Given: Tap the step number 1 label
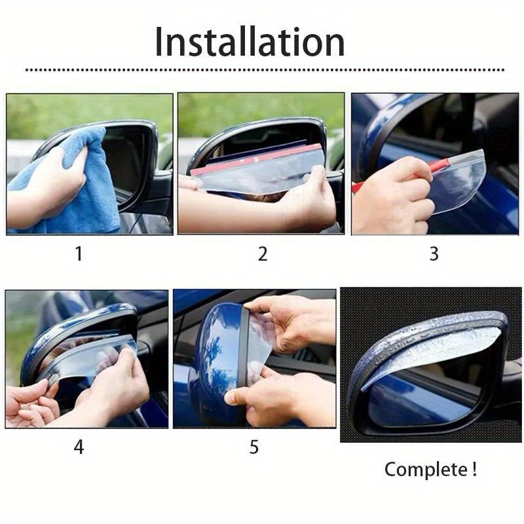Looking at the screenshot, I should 79,253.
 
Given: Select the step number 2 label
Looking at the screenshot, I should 263,253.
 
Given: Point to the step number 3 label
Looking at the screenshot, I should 434,253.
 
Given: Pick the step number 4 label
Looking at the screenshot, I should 79,447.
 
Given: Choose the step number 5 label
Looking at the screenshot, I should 254,447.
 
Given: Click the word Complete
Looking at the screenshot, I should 426,470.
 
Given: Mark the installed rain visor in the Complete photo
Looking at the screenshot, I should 432,347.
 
